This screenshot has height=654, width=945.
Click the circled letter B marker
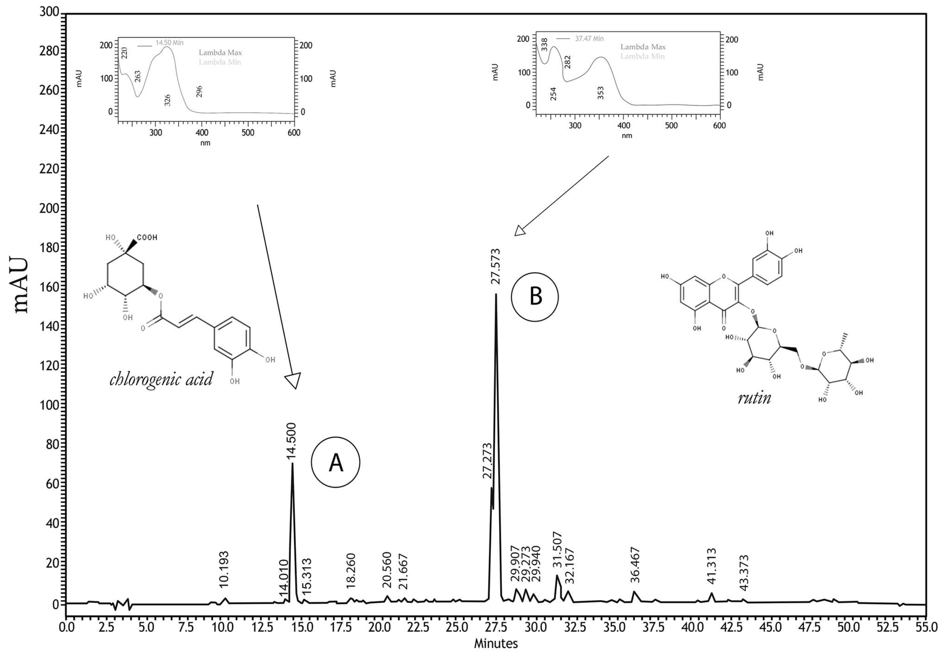pyautogui.click(x=535, y=296)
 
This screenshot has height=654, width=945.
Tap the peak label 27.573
pyautogui.click(x=496, y=266)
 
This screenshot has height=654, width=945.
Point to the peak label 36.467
pyautogui.click(x=635, y=565)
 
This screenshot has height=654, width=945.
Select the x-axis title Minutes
pyautogui.click(x=496, y=644)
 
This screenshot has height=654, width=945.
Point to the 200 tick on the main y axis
pyautogui.click(x=49, y=208)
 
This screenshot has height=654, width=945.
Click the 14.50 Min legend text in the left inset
pyautogui.click(x=169, y=43)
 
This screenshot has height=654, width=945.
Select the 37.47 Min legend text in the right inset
pyautogui.click(x=589, y=39)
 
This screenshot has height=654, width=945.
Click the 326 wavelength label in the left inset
pyautogui.click(x=167, y=100)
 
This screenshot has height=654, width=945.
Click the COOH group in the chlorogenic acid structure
pyautogui.click(x=147, y=238)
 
